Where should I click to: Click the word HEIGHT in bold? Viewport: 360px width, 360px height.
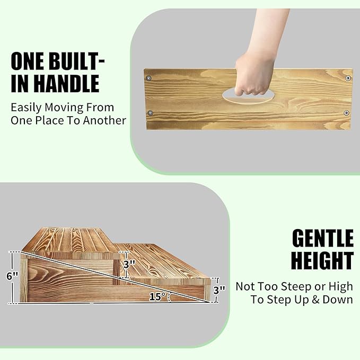[322, 261]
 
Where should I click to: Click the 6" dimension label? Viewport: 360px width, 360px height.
[12, 276]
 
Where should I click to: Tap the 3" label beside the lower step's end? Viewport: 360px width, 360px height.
[219, 289]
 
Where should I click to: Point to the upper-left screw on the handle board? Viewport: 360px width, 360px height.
[150, 78]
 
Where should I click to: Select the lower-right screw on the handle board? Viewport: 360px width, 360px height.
[346, 112]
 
